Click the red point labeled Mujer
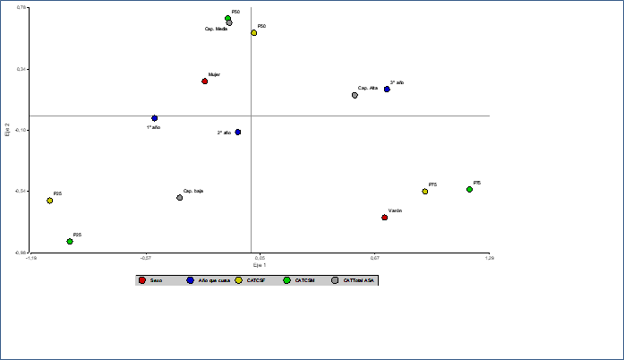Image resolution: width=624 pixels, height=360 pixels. click(205, 81)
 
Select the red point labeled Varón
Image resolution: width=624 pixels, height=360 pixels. click(385, 218)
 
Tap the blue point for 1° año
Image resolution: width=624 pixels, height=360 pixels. click(155, 118)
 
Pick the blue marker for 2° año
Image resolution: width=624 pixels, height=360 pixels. click(237, 133)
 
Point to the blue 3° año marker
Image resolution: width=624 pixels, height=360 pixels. click(387, 90)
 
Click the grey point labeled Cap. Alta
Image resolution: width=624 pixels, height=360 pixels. click(355, 95)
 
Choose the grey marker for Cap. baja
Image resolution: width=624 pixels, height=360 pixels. click(180, 198)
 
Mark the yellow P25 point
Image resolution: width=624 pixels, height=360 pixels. click(50, 201)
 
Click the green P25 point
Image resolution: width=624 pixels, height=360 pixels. click(70, 242)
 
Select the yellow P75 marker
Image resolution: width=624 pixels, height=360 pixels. click(425, 192)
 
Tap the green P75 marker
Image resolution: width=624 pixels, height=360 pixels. click(469, 189)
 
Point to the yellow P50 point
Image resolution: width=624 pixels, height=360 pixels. click(254, 33)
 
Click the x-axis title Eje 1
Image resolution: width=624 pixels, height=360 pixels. click(260, 266)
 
